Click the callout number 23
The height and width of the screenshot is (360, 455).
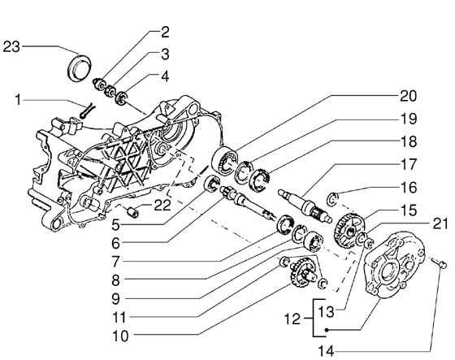[11, 46]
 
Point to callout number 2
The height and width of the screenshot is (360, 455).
[164, 33]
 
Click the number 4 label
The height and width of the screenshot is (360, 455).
[164, 77]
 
